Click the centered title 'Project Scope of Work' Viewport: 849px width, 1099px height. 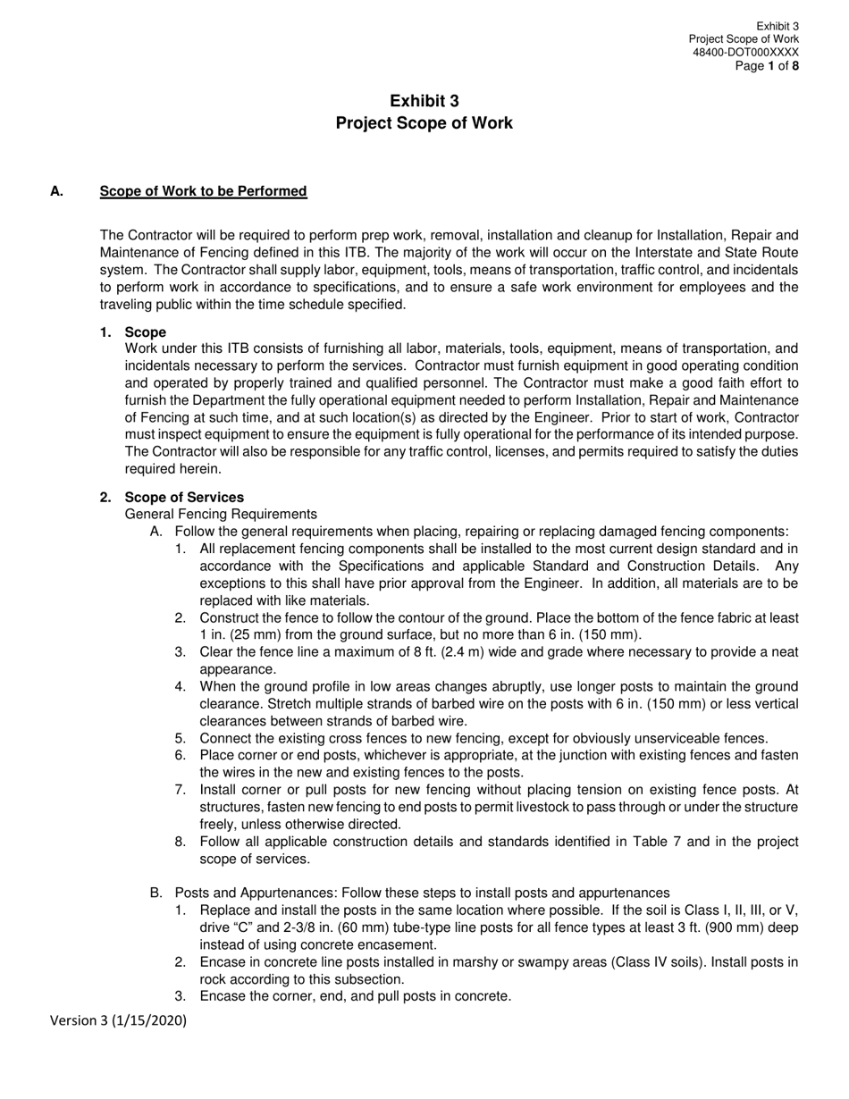click(424, 123)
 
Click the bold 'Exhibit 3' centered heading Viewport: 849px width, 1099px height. click(424, 101)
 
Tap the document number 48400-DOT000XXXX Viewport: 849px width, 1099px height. click(745, 53)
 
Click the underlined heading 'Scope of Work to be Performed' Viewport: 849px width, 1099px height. click(203, 191)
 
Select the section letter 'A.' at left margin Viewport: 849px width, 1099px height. click(57, 191)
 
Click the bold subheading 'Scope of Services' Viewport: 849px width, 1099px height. click(184, 497)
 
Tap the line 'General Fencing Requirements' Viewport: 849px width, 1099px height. click(221, 514)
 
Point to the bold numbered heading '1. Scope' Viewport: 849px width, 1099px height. click(134, 332)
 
